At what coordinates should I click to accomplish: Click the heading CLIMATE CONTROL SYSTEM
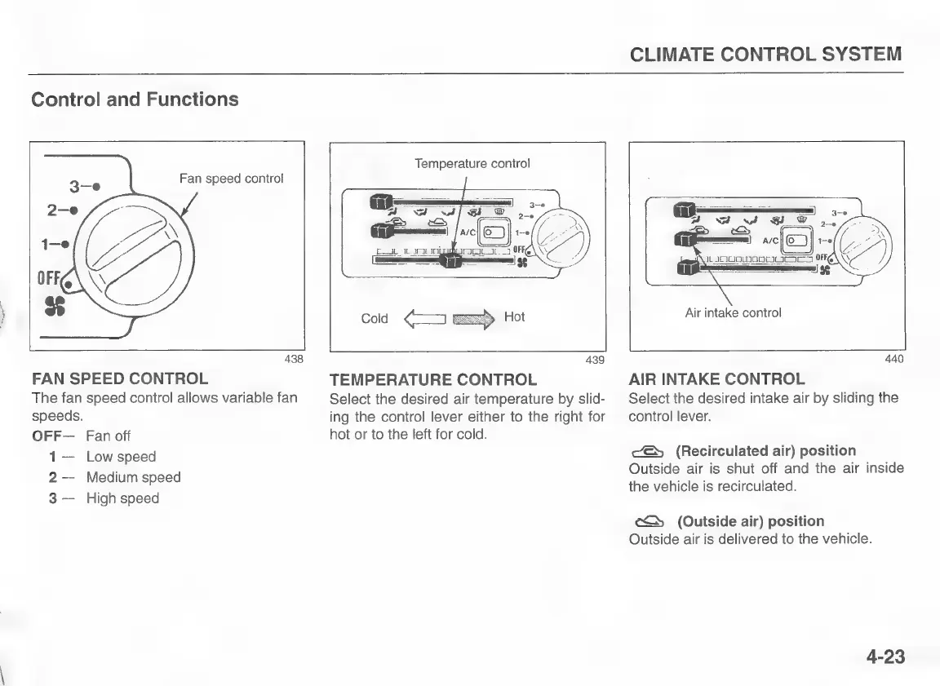766,55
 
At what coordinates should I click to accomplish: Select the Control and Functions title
135,100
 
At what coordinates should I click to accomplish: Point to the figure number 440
894,359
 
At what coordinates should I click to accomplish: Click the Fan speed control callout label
232,179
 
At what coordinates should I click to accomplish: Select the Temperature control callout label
472,163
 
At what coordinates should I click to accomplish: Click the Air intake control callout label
733,312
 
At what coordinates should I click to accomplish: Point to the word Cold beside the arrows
375,318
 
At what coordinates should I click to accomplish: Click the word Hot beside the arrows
514,316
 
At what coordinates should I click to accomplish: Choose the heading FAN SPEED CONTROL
120,378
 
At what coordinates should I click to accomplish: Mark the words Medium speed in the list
133,477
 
